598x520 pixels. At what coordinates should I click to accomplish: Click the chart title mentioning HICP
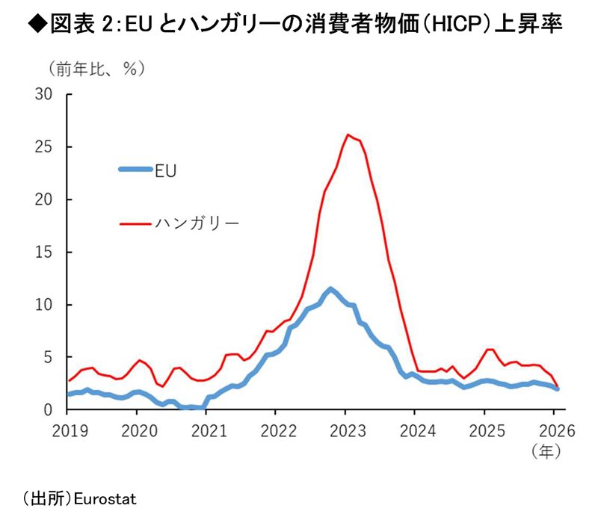pyautogui.click(x=298, y=25)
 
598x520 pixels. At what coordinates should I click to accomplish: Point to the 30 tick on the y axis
pyautogui.click(x=46, y=95)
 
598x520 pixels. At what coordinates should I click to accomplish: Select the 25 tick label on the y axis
pyautogui.click(x=46, y=147)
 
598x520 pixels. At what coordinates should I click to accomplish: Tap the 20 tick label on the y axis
pyautogui.click(x=46, y=199)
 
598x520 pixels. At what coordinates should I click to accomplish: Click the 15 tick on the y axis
pyautogui.click(x=46, y=253)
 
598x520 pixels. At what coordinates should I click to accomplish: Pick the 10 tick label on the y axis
pyautogui.click(x=46, y=305)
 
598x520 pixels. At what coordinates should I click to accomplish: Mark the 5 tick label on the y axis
pyautogui.click(x=50, y=357)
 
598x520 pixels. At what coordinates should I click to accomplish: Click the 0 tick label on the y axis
pyautogui.click(x=50, y=410)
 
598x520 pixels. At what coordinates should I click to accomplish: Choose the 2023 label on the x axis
pyautogui.click(x=345, y=431)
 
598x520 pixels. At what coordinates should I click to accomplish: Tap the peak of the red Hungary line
pyautogui.click(x=348, y=134)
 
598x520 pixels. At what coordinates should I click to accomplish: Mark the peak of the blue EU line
pyautogui.click(x=330, y=288)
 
